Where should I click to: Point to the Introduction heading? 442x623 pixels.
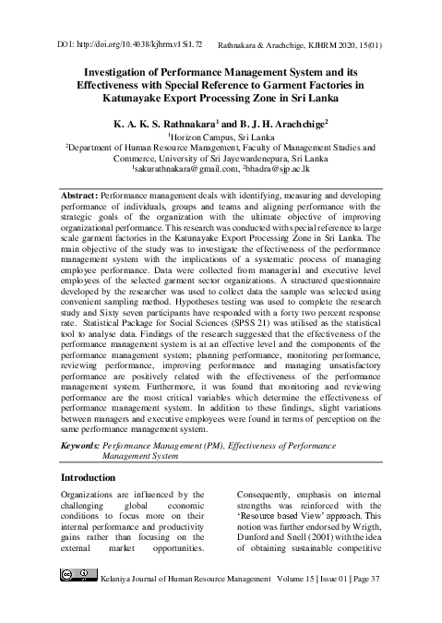pyautogui.click(x=95, y=478)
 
